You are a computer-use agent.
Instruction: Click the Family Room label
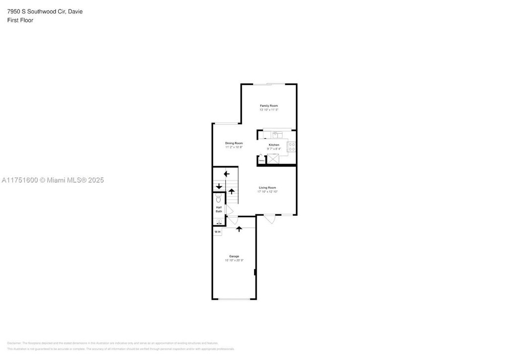tap(269, 105)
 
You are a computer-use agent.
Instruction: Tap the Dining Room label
tap(234, 143)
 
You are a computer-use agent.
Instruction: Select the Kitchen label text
tap(274, 145)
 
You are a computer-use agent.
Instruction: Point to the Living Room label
tap(267, 187)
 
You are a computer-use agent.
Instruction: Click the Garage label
tap(234, 256)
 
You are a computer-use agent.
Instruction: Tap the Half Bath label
tap(219, 209)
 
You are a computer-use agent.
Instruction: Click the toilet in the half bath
tap(219, 198)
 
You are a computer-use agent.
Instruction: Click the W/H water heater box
tap(218, 232)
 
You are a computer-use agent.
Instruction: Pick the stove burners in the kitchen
tap(292, 147)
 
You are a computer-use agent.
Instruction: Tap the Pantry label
tap(261, 161)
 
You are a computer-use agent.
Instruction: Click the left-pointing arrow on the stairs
tap(227, 174)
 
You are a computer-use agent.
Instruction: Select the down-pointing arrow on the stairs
tap(219, 186)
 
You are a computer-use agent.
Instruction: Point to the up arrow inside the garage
tap(239, 229)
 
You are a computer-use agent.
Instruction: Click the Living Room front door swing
tap(269, 219)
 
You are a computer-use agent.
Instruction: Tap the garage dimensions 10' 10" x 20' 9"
tap(234, 260)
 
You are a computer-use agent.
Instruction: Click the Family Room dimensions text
tap(269, 109)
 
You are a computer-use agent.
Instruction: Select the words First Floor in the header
tap(20, 20)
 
